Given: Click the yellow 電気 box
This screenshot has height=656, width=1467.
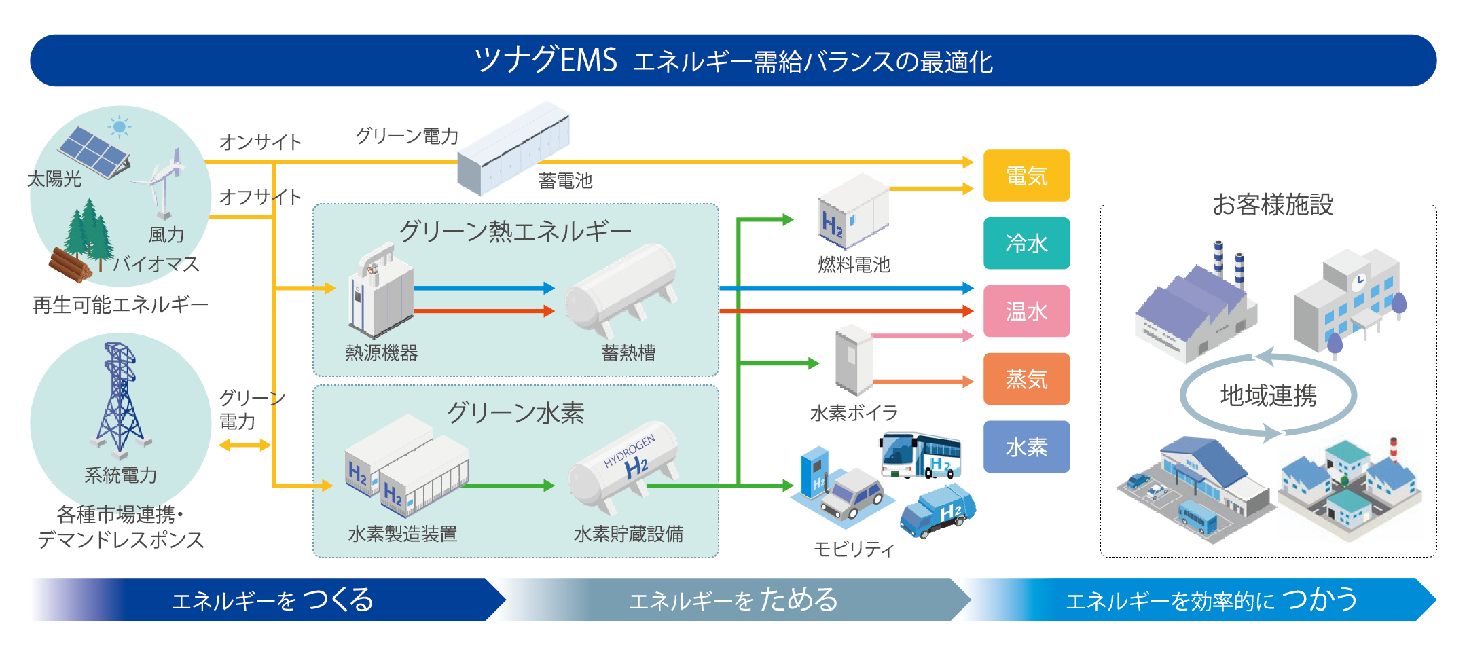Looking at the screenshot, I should coord(1026,176).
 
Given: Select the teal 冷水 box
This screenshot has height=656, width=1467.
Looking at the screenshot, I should coord(1026,243).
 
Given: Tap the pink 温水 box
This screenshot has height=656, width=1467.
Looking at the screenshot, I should coord(1026,311).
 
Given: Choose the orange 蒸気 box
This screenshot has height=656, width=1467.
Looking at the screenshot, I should coord(1026,379).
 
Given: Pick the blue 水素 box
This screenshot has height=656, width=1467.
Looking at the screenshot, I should coord(1026,447).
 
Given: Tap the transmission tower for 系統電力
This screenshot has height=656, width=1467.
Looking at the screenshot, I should coord(120,397).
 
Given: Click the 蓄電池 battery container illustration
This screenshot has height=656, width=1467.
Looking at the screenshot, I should coord(513,149).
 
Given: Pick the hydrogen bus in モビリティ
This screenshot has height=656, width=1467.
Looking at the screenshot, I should coord(920,456).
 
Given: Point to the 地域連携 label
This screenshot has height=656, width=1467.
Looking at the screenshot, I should coord(1268,395).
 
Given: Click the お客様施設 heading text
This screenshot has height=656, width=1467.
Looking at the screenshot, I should coord(1273,204).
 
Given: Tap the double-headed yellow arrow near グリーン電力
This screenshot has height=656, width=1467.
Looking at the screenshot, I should coord(245,445).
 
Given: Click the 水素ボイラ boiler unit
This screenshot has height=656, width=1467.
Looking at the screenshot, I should coord(854,361).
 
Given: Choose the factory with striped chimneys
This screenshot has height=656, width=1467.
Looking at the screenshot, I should coord(1195,306).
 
